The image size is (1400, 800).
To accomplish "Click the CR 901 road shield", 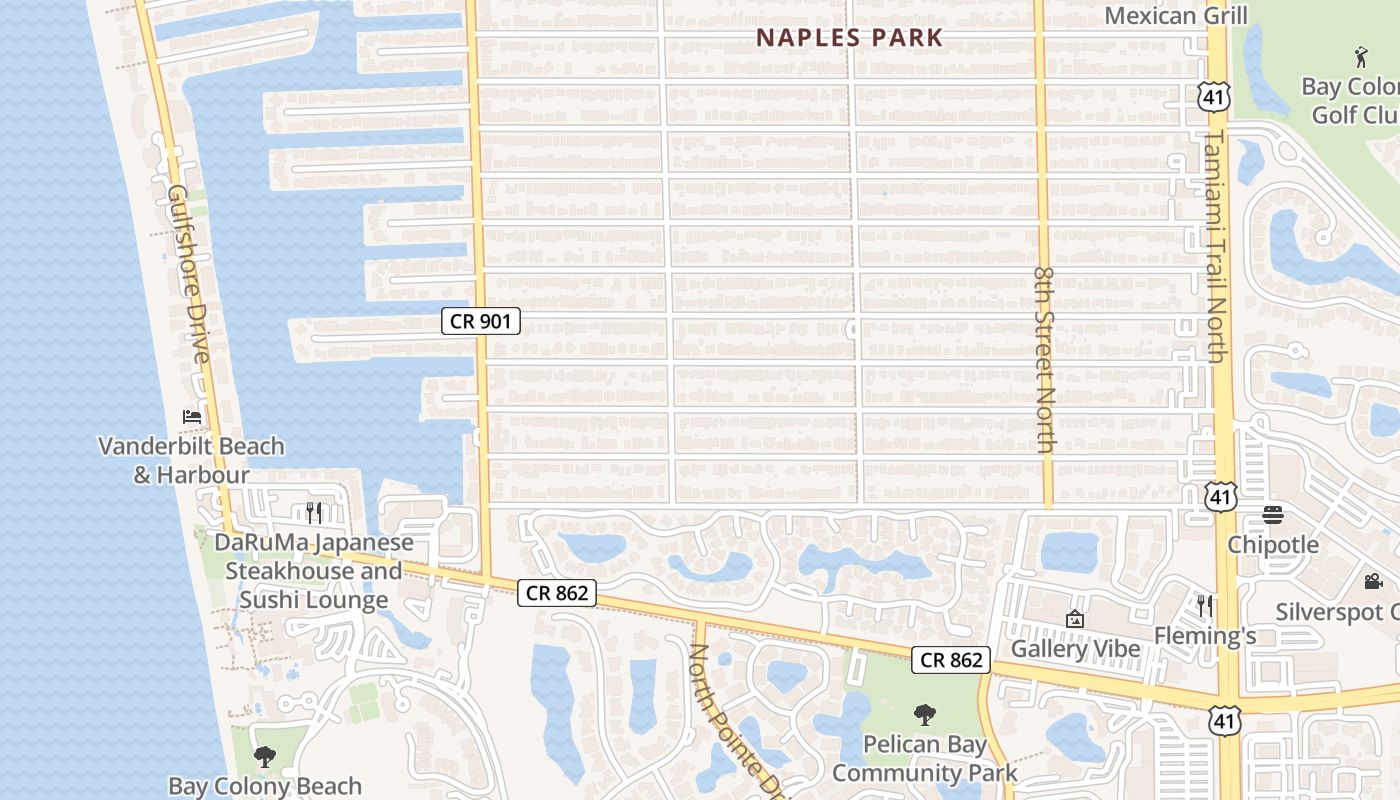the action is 481,321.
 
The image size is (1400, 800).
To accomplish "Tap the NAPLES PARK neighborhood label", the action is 849,38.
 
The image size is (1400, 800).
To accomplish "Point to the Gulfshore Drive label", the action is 189,273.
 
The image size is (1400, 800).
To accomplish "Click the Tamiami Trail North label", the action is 1215,245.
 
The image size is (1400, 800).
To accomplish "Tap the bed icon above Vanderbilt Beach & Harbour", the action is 192,416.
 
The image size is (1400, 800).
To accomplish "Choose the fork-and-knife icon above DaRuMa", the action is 314,513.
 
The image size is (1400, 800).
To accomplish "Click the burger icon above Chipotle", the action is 1273,515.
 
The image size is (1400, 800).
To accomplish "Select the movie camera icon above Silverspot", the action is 1373,581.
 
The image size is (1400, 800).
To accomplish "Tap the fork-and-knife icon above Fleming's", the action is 1205,605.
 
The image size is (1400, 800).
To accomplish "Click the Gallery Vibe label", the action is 1075,649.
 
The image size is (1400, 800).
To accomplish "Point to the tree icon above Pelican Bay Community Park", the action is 925,715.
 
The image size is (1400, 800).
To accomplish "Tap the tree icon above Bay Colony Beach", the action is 265,757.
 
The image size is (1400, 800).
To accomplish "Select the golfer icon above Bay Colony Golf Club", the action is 1360,57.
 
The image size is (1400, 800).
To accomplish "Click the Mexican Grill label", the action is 1176,16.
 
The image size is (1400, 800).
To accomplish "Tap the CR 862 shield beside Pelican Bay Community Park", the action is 950,659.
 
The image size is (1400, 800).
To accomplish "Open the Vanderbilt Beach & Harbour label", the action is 191,460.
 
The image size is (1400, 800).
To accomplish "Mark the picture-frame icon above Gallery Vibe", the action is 1075,619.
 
